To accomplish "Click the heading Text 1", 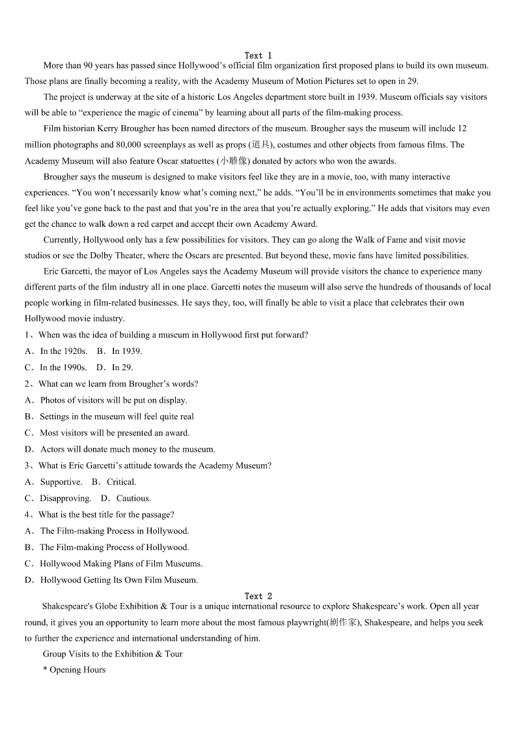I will point(258,55).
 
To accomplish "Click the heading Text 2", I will point(258,596).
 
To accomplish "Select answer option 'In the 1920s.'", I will point(63,351).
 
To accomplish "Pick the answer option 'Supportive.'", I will point(61,482).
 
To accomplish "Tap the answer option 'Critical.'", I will point(121,482).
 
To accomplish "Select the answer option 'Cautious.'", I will point(133,498).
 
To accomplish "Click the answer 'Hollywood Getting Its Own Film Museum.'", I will point(119,579).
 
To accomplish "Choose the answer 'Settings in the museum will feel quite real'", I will point(117,417).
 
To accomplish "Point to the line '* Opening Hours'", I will point(74,669).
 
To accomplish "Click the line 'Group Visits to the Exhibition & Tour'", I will point(113,654).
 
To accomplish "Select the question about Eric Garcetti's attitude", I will point(155,465).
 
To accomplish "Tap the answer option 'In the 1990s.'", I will point(63,367).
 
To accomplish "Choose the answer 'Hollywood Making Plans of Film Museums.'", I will point(121,563).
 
